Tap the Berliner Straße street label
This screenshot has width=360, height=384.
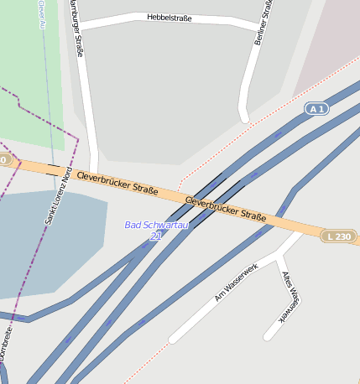click(263, 23)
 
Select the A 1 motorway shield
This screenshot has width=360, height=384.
click(316, 109)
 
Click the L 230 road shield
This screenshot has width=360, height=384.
click(339, 236)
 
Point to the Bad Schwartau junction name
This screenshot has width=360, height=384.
click(157, 225)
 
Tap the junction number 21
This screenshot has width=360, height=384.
click(156, 236)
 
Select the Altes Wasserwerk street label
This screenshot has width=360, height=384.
click(290, 297)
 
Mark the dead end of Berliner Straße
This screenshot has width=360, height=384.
click(244, 117)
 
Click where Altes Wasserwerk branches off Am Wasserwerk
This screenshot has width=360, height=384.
click(279, 252)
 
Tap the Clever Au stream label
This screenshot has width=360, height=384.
click(41, 14)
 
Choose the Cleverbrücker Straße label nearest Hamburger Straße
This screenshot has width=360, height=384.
click(117, 183)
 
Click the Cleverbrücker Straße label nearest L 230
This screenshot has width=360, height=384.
click(225, 209)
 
